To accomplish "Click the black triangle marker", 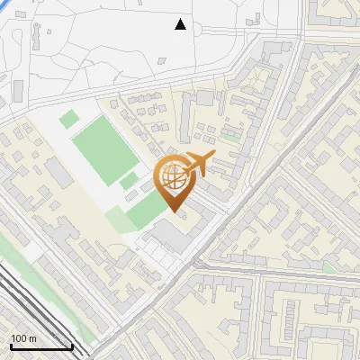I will click(181, 24).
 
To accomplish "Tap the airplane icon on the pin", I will click(197, 165).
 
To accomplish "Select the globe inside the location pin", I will click(175, 179).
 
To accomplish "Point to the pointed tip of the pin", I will click(175, 212).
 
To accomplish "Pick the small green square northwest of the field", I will click(69, 118).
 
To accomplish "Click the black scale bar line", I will click(40, 347).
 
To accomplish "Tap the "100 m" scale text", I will click(24, 338).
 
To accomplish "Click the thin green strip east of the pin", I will click(231, 137).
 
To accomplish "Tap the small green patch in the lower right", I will click(329, 266).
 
